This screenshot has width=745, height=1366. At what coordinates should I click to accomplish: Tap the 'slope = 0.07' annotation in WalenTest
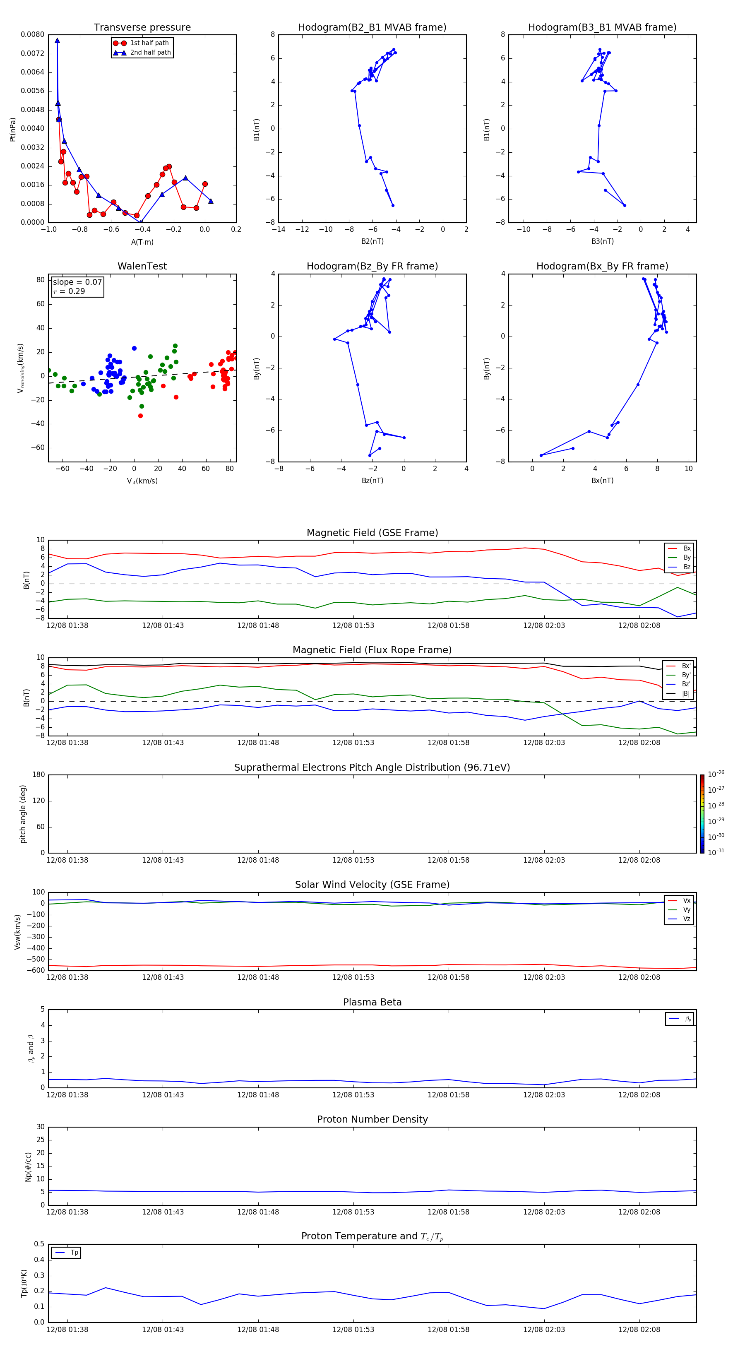77,282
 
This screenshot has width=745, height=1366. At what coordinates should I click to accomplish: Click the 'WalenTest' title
142,266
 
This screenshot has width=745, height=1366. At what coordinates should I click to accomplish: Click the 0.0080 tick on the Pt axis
32,34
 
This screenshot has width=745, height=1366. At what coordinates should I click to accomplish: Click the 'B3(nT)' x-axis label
602,241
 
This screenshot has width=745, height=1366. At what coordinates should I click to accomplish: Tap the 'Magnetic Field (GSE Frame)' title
372,533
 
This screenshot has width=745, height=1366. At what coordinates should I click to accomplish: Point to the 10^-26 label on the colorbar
716,774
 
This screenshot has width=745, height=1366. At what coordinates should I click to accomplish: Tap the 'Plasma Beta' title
372,1002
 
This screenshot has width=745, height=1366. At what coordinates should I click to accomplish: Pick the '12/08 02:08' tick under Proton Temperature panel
639,1330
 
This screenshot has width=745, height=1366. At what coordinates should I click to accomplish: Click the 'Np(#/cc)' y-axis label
28,1166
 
